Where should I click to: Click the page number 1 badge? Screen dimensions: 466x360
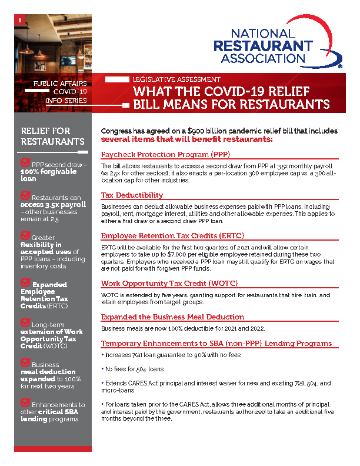click(x=21, y=21)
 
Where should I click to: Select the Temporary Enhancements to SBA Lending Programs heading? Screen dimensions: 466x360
click(x=216, y=343)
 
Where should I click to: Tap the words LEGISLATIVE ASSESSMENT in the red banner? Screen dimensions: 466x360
click(x=176, y=79)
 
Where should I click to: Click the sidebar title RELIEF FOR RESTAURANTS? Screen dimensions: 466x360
click(x=52, y=136)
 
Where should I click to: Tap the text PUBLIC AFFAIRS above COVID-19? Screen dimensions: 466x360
click(x=60, y=84)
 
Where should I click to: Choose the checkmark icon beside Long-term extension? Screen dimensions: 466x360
click(x=25, y=322)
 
